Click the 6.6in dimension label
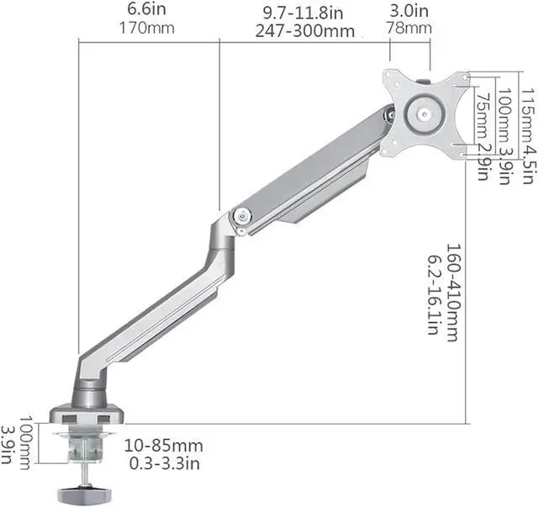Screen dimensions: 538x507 pyautogui.click(x=146, y=9)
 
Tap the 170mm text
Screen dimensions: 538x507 pyautogui.click(x=147, y=28)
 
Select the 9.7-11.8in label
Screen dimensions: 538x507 pyautogui.click(x=303, y=13)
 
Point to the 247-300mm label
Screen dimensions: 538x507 pyautogui.click(x=304, y=31)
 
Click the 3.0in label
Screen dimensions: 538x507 pyautogui.click(x=409, y=11)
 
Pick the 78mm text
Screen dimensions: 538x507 pyautogui.click(x=409, y=28)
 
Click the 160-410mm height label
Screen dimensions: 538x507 pyautogui.click(x=452, y=293)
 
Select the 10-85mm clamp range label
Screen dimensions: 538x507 pyautogui.click(x=163, y=446)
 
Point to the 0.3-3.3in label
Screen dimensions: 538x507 pyautogui.click(x=165, y=463)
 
